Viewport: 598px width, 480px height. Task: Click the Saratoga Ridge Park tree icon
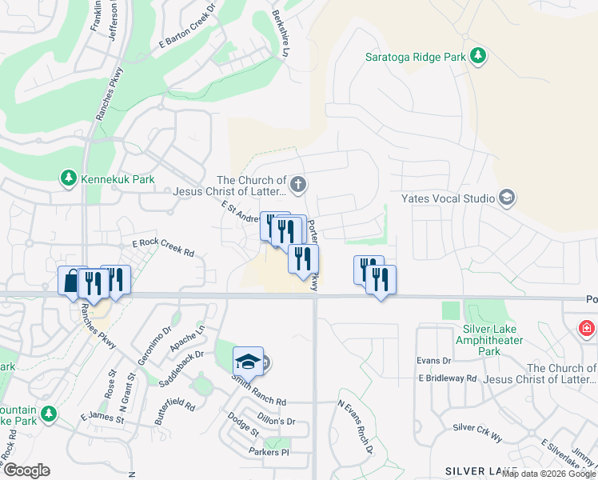477,56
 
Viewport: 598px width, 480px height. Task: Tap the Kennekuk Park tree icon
69,178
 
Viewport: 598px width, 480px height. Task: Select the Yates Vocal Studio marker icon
505,197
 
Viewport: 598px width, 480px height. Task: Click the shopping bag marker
71,281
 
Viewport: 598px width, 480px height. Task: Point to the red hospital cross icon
588,328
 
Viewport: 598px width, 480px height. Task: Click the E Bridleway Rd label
446,378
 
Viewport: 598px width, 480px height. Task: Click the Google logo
26,470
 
